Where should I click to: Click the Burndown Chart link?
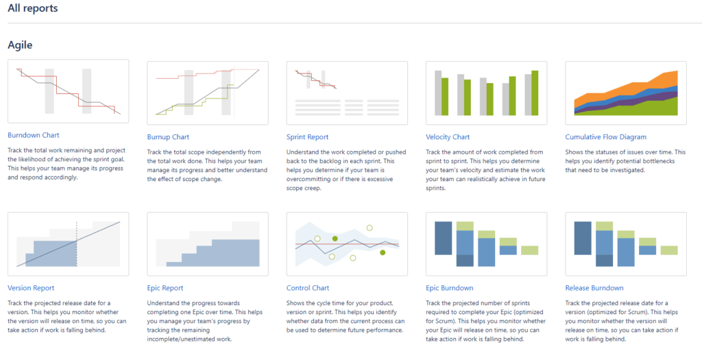[34, 135]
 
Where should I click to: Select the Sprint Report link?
[308, 137]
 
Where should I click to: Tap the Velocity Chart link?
[448, 137]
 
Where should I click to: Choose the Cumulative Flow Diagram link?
[606, 137]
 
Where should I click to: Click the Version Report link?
[31, 288]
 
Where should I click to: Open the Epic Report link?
[165, 288]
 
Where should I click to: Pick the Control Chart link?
[308, 288]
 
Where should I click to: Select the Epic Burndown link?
[450, 288]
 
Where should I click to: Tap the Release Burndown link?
[594, 288]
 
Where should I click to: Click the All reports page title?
[33, 8]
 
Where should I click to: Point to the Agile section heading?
[20, 45]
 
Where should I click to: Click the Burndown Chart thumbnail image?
[69, 91]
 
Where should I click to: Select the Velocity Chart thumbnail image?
[486, 93]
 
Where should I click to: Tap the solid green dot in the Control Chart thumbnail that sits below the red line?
[383, 252]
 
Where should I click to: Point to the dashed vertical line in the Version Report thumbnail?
[77, 244]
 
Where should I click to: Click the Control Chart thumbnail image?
[347, 244]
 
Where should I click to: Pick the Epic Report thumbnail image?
[208, 244]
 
